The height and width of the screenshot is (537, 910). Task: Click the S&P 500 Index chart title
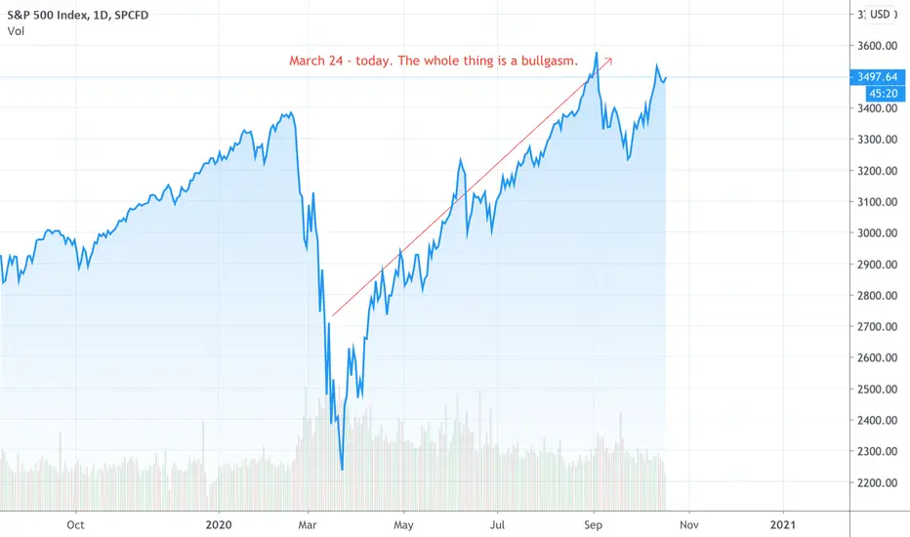pyautogui.click(x=78, y=15)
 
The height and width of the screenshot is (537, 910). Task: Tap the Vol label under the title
pyautogui.click(x=16, y=31)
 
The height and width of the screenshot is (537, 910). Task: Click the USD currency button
pyautogui.click(x=879, y=15)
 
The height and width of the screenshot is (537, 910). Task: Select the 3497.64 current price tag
pyautogui.click(x=877, y=76)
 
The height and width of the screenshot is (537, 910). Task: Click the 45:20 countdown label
pyautogui.click(x=884, y=94)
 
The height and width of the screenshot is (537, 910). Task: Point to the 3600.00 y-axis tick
pyautogui.click(x=877, y=46)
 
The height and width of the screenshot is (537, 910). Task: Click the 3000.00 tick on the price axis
pyautogui.click(x=877, y=232)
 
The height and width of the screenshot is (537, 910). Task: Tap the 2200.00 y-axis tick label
pyautogui.click(x=877, y=482)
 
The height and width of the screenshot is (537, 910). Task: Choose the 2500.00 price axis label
pyautogui.click(x=877, y=389)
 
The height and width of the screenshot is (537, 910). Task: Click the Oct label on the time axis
pyautogui.click(x=75, y=525)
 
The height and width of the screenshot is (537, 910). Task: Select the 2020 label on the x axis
pyautogui.click(x=219, y=525)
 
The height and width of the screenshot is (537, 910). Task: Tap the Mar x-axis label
pyautogui.click(x=307, y=525)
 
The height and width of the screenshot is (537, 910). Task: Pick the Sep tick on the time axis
pyautogui.click(x=593, y=525)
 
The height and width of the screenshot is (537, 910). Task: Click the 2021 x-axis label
pyautogui.click(x=783, y=525)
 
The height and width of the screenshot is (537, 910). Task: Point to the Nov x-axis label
pyautogui.click(x=689, y=525)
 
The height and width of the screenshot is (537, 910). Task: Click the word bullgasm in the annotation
pyautogui.click(x=548, y=61)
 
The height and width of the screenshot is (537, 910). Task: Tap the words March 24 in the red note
pyautogui.click(x=316, y=61)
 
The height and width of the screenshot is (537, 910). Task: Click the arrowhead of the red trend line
pyautogui.click(x=609, y=60)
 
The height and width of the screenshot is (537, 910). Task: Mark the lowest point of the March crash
pyautogui.click(x=343, y=469)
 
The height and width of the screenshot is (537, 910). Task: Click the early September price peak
pyautogui.click(x=596, y=54)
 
